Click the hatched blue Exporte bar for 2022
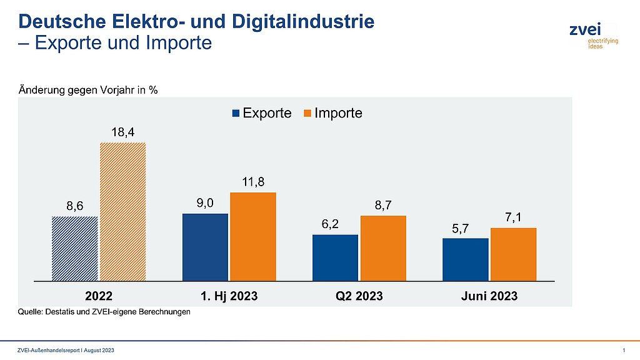coord(74,249)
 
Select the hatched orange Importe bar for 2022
coord(123,212)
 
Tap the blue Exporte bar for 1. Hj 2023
coord(205,247)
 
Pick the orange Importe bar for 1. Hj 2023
coord(253,236)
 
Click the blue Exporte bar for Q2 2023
coord(335,257)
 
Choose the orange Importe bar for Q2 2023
coord(383,248)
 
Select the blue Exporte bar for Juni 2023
coord(465,259)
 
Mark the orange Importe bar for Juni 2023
coord(513,254)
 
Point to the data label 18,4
coord(123,132)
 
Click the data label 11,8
coord(253,182)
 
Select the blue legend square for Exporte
coord(236,114)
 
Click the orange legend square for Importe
coord(307,114)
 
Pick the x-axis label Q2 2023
coord(359,296)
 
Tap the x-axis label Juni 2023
coord(489,296)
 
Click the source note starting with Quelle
coord(104,312)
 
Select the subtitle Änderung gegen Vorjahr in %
coord(87,90)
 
